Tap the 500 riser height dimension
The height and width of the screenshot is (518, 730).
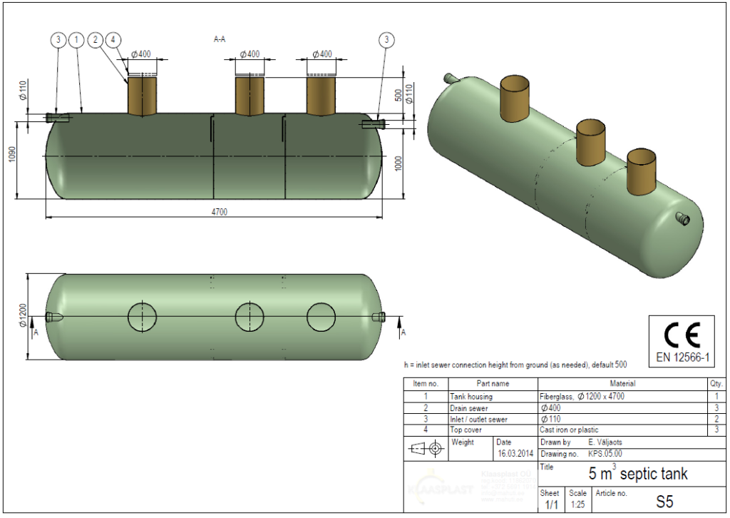pos(398,96)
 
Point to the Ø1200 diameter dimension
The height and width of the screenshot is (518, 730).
pos(23,315)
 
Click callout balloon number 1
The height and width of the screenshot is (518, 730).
pos(77,41)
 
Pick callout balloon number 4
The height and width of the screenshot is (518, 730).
pos(114,41)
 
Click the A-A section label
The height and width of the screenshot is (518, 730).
pos(220,39)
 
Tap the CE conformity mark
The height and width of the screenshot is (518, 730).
pos(682,333)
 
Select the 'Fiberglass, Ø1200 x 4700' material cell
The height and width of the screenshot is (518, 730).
pos(582,396)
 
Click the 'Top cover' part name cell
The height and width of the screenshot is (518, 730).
pos(466,430)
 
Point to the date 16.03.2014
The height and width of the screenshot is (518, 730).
pos(514,454)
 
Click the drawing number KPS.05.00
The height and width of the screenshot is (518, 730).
pos(602,454)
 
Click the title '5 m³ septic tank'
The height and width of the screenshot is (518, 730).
pos(638,473)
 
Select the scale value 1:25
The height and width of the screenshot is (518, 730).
pos(578,504)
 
